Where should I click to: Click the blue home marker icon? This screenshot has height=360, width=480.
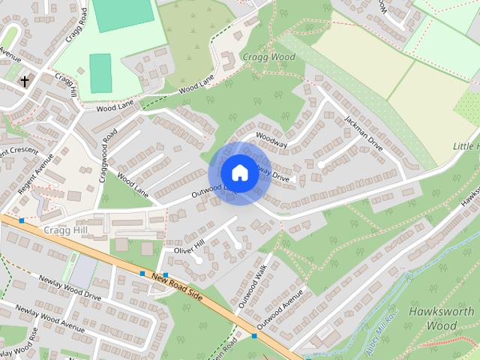(239, 172)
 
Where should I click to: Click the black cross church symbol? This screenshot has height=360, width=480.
(24, 81)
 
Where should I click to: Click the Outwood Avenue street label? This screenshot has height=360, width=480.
(280, 309)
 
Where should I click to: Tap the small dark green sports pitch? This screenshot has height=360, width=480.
(100, 73)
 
